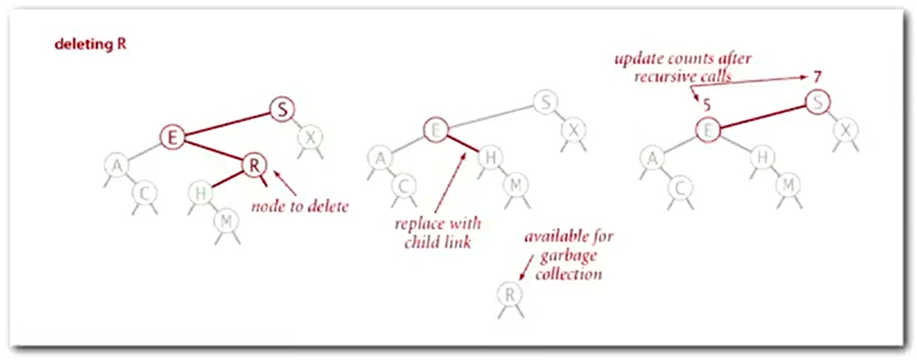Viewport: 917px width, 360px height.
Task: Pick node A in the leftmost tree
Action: point(116,165)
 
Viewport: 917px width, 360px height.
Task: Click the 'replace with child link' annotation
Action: point(437,232)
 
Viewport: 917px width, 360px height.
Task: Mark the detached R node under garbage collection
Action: point(510,295)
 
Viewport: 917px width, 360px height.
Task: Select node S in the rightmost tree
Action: point(819,102)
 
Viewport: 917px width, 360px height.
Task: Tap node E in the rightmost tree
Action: point(707,130)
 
